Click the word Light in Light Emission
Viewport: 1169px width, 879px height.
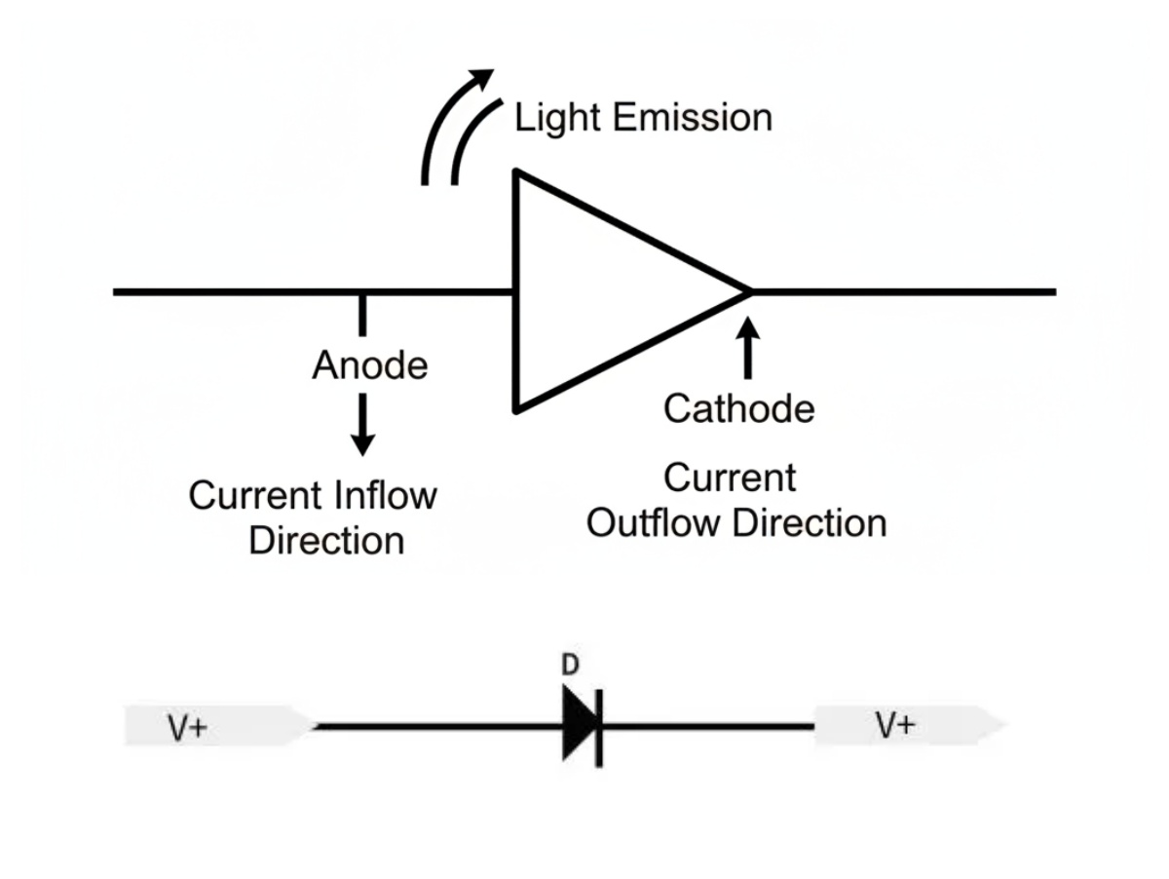point(557,119)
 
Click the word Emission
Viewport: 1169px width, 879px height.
point(693,117)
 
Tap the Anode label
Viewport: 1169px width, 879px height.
point(370,365)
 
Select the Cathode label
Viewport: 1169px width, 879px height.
point(739,408)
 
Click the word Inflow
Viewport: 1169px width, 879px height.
point(386,495)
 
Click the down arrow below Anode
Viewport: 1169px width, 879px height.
point(362,425)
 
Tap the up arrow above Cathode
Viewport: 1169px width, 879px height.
point(748,348)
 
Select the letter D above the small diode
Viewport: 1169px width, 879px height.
point(570,665)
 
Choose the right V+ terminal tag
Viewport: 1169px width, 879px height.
point(910,725)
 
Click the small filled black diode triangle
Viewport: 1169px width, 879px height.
point(579,723)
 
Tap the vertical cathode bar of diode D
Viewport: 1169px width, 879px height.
point(599,728)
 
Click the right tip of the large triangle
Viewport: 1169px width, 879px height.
point(750,292)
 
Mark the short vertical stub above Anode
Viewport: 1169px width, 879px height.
point(362,315)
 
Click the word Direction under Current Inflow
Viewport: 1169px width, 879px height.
point(326,541)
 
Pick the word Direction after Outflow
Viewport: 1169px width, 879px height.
point(810,522)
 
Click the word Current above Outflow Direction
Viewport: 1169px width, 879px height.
point(730,478)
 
